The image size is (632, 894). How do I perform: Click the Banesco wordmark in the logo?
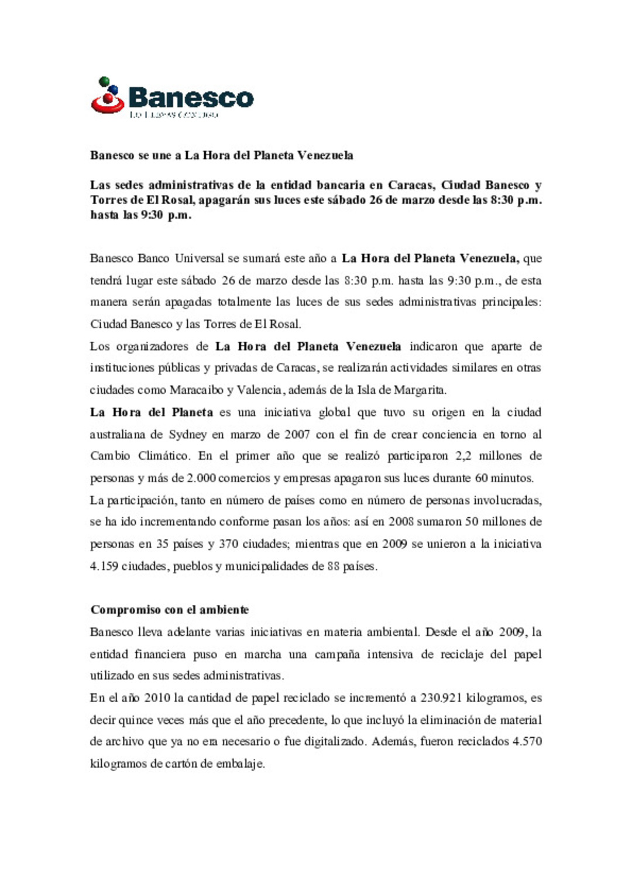191,97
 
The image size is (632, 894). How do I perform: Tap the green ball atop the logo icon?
104,81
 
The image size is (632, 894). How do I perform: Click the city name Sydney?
187,434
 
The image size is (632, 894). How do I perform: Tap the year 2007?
297,434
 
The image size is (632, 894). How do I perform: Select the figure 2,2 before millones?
463,456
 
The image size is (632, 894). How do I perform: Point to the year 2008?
401,521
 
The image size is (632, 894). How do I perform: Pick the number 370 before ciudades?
228,544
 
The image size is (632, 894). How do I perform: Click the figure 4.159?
104,566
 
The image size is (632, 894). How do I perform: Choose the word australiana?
117,434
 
